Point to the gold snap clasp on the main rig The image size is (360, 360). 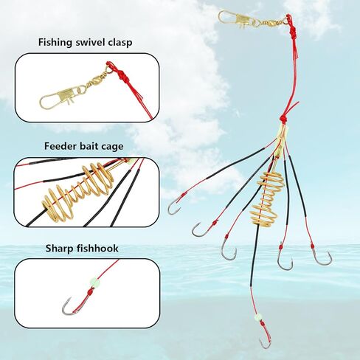(x=234, y=18)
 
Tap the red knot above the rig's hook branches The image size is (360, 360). (x=285, y=117)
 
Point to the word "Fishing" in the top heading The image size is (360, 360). (x=55, y=42)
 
